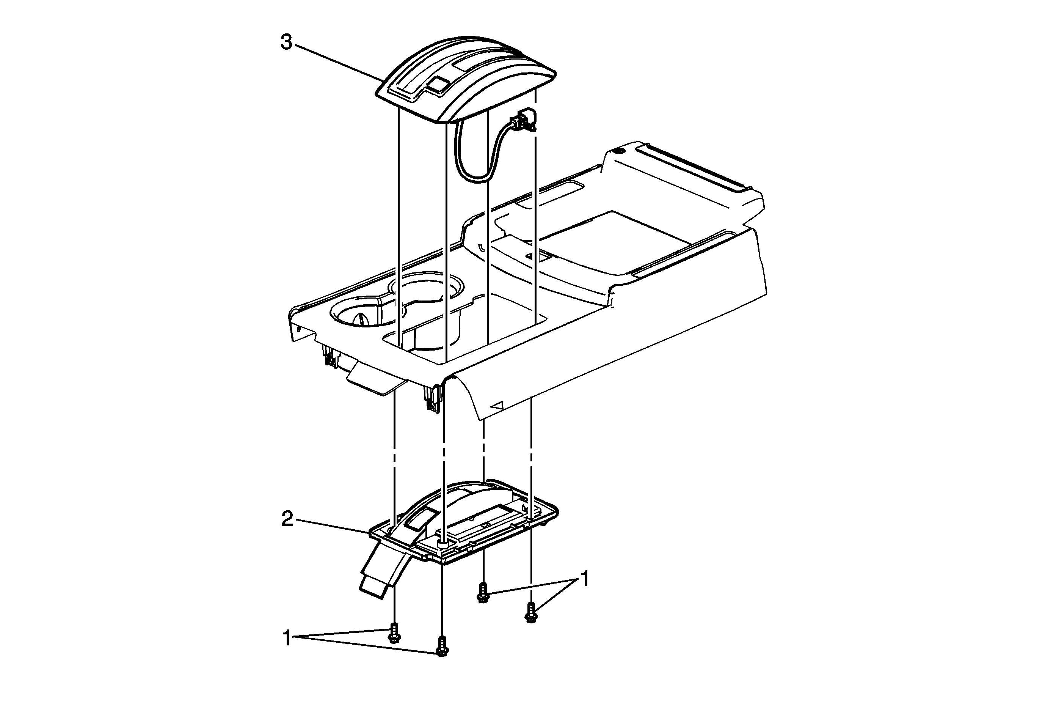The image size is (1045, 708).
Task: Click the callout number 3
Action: point(286,43)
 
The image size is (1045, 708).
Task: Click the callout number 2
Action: point(287,519)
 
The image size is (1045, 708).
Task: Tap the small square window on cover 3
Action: point(436,85)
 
